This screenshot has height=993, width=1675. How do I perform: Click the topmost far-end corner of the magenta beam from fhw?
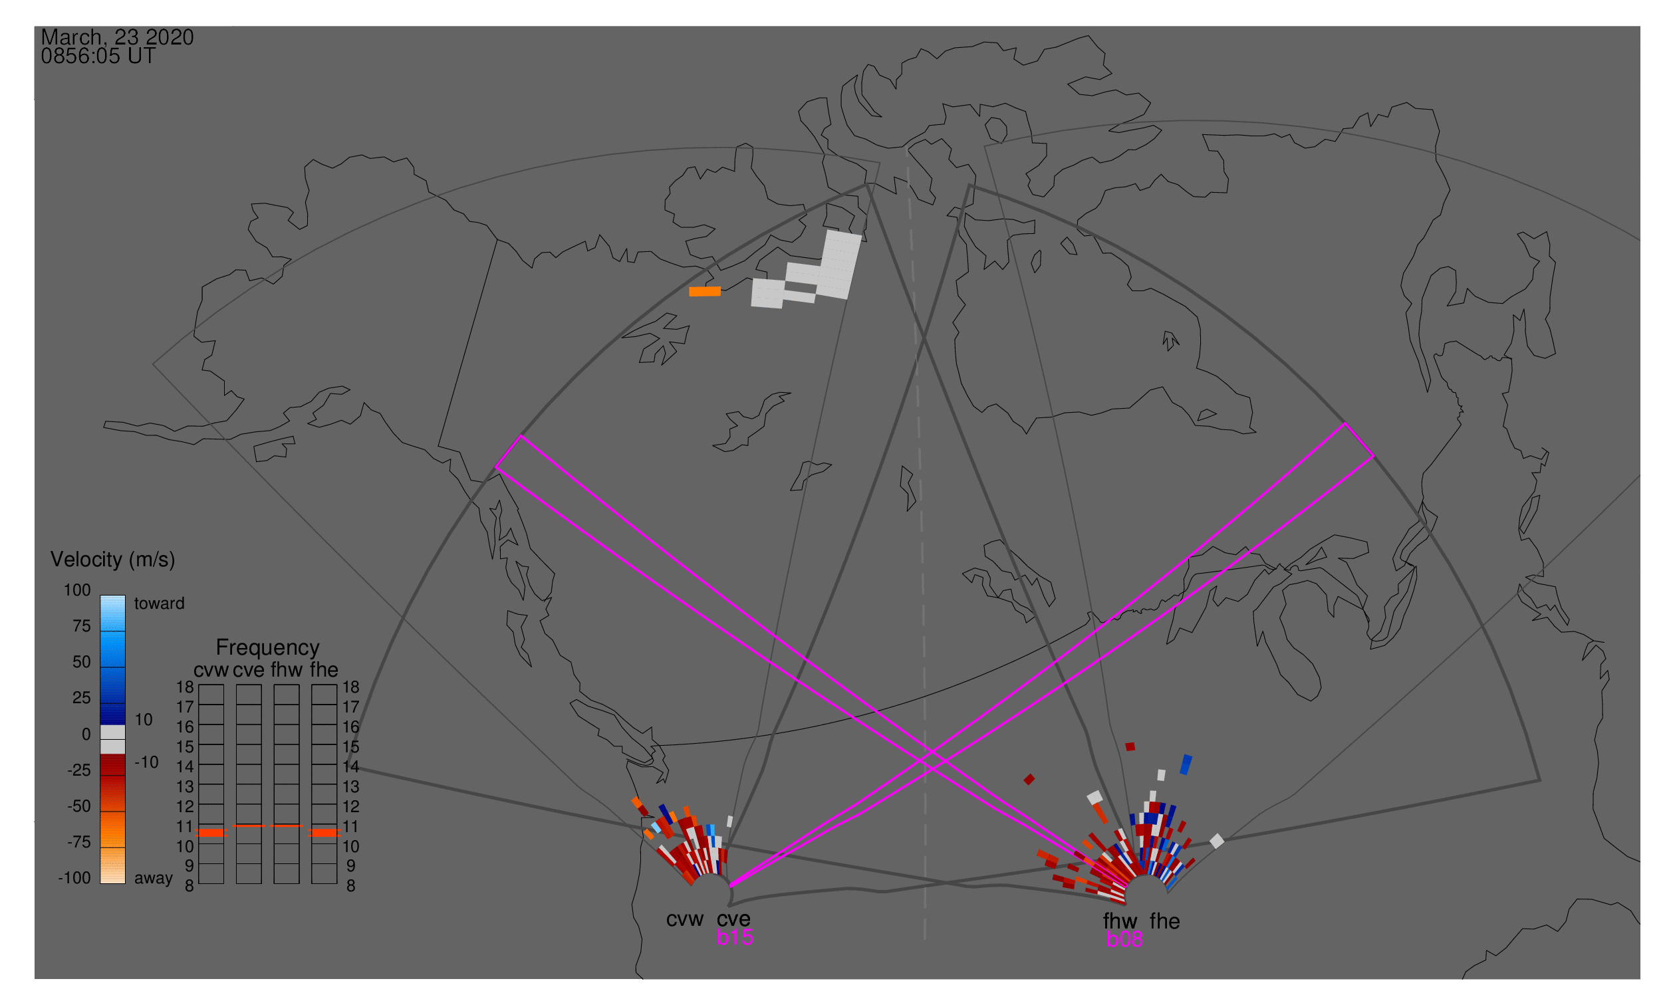pos(521,435)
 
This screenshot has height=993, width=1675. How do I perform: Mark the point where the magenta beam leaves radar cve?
pos(730,886)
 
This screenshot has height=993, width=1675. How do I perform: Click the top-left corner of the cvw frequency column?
pos(199,685)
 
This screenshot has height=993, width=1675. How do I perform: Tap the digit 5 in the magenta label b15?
pos(746,937)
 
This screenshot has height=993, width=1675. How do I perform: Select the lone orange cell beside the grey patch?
pos(705,291)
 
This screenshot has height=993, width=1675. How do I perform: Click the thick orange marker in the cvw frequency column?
pos(211,833)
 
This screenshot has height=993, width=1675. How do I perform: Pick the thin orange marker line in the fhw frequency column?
pos(287,826)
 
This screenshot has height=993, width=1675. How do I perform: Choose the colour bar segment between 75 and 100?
pos(112,613)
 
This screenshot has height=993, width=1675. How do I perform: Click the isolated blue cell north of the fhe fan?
pos(1186,765)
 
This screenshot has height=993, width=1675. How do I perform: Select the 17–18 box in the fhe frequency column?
pos(324,695)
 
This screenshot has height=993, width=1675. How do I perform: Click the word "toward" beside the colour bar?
pos(160,603)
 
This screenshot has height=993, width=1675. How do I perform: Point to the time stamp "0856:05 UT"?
pos(98,56)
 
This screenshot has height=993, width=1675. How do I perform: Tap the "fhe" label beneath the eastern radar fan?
pos(1165,921)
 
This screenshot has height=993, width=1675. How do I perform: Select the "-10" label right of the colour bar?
pos(146,762)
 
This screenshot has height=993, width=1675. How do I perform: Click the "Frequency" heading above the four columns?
pos(268,648)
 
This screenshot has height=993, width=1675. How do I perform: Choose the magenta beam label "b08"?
pos(1124,939)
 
